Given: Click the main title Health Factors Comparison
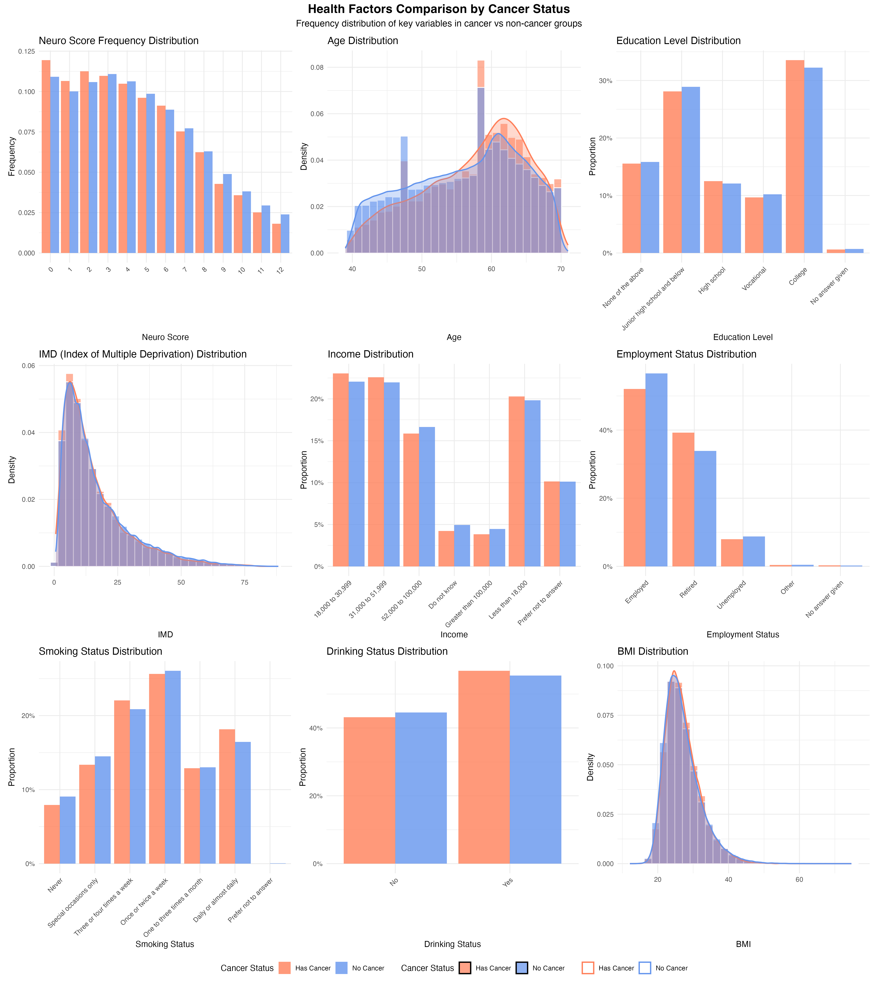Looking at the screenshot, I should pyautogui.click(x=439, y=9).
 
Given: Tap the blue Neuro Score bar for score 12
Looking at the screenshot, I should pyautogui.click(x=285, y=234).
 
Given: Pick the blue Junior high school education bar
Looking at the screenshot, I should pyautogui.click(x=691, y=170).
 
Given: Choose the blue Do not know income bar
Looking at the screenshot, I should pyautogui.click(x=462, y=546).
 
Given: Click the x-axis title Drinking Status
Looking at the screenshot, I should pyautogui.click(x=452, y=944).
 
